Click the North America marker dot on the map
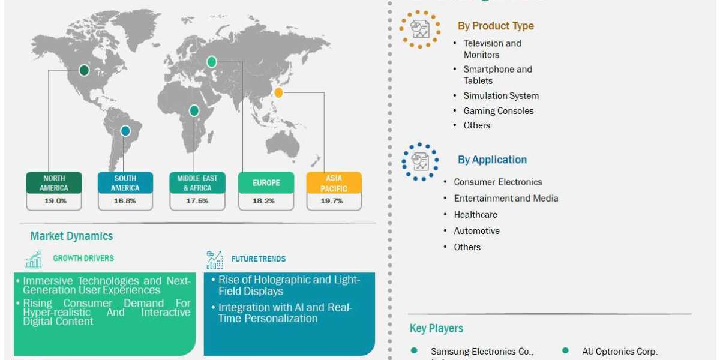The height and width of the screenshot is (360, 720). pyautogui.click(x=85, y=71)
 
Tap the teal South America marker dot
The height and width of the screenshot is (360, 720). pyautogui.click(x=125, y=130)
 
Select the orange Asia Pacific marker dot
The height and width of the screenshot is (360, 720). pyautogui.click(x=278, y=93)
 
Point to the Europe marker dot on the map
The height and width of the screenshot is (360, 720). pyautogui.click(x=211, y=62)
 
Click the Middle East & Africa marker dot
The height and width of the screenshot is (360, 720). pyautogui.click(x=194, y=110)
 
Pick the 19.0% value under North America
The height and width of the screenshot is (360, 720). pyautogui.click(x=55, y=201)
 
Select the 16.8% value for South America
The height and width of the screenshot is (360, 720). pyautogui.click(x=125, y=201)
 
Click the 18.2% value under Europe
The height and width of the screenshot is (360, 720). pyautogui.click(x=265, y=201)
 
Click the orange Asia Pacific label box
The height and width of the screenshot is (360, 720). pyautogui.click(x=334, y=183)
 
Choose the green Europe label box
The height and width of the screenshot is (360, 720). pyautogui.click(x=266, y=183)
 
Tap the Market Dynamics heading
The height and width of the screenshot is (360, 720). pyautogui.click(x=71, y=236)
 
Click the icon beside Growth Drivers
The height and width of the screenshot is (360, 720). pyautogui.click(x=34, y=259)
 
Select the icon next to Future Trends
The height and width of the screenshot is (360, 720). pyautogui.click(x=214, y=259)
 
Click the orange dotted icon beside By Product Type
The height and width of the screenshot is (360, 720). pyautogui.click(x=419, y=29)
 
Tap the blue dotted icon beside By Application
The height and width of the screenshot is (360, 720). pyautogui.click(x=420, y=161)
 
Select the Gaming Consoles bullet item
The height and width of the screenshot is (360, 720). pyautogui.click(x=498, y=111)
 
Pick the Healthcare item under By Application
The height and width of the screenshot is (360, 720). pyautogui.click(x=475, y=215)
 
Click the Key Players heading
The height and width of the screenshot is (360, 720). pyautogui.click(x=436, y=329)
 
